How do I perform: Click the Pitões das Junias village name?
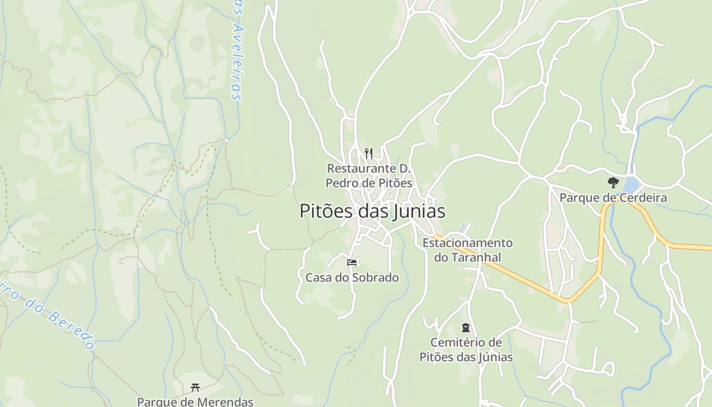(x=372, y=211)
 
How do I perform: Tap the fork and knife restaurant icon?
(x=369, y=153)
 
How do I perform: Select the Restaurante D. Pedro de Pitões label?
(x=369, y=176)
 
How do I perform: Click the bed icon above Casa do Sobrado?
(x=352, y=263)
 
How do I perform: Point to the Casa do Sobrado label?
(x=352, y=277)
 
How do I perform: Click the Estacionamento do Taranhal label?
(x=467, y=250)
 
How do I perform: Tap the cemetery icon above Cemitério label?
(x=465, y=328)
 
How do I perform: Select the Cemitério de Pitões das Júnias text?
(x=466, y=350)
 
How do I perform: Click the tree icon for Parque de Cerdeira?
(x=613, y=182)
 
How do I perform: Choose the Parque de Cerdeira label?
(x=613, y=197)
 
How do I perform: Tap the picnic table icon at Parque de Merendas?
(x=195, y=388)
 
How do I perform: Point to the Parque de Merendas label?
(x=195, y=401)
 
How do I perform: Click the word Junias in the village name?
(x=420, y=211)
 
